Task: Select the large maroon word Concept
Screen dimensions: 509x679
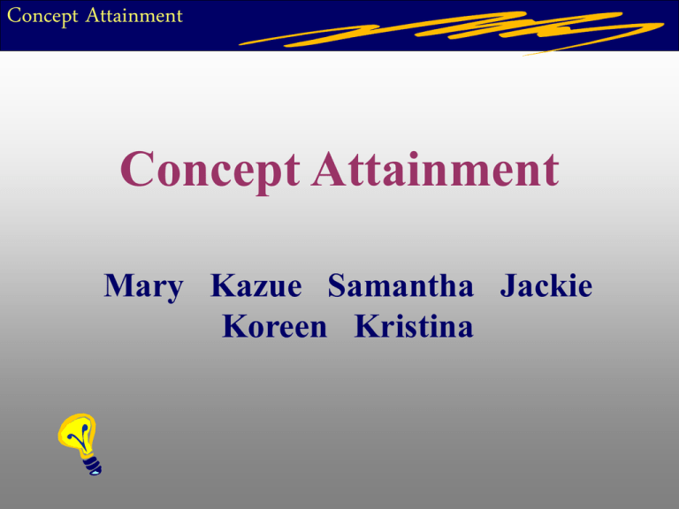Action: point(212,171)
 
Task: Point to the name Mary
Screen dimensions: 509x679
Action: point(143,287)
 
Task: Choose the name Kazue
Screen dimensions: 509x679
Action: point(256,287)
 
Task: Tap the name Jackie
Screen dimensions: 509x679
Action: point(545,287)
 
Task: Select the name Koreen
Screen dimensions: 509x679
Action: point(275,327)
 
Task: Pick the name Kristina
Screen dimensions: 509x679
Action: point(414,327)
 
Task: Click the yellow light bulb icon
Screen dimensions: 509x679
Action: point(80,443)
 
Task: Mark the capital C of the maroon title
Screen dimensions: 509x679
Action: point(139,170)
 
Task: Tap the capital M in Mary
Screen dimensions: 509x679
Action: point(118,287)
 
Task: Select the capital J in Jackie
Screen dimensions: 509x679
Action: point(508,287)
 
